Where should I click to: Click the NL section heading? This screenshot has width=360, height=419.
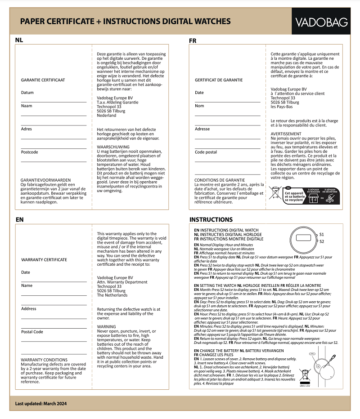click(x=19, y=40)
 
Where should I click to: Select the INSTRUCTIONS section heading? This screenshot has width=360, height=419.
click(x=211, y=220)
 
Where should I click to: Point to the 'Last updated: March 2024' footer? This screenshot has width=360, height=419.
click(x=41, y=404)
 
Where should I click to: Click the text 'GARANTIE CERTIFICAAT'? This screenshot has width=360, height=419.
click(x=43, y=80)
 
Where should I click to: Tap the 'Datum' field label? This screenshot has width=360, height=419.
click(x=27, y=93)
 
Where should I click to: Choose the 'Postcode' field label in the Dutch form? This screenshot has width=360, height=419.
click(x=30, y=152)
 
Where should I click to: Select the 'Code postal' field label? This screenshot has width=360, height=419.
click(x=206, y=152)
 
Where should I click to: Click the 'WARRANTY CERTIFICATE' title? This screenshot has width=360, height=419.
click(x=44, y=260)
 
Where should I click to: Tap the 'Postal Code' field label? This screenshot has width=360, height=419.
click(x=32, y=332)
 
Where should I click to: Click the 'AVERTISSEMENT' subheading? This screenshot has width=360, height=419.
click(x=286, y=134)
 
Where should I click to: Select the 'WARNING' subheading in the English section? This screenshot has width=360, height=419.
click(x=107, y=327)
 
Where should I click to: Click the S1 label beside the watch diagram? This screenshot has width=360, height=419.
click(x=322, y=235)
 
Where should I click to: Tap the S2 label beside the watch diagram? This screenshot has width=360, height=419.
click(x=322, y=241)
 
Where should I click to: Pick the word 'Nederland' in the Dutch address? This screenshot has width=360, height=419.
click(x=107, y=116)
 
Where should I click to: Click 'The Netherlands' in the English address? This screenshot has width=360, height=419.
click(x=112, y=295)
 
